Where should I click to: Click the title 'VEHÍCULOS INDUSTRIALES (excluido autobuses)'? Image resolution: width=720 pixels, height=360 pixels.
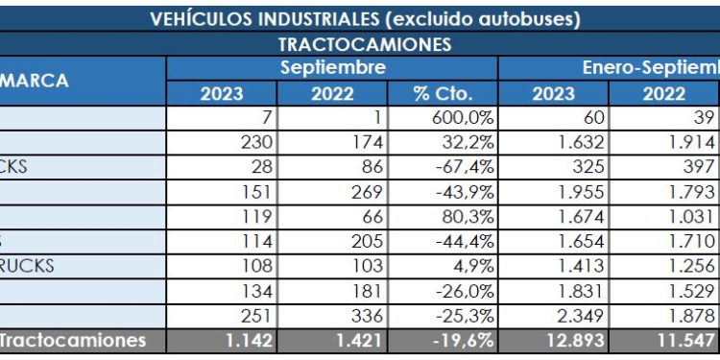click(365, 19)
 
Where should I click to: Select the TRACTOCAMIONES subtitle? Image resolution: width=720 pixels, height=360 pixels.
click(365, 44)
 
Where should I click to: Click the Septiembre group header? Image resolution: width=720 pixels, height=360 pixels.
click(332, 68)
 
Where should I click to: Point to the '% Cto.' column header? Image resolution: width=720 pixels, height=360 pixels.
click(442, 94)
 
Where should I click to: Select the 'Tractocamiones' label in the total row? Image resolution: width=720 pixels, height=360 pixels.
click(73, 340)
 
